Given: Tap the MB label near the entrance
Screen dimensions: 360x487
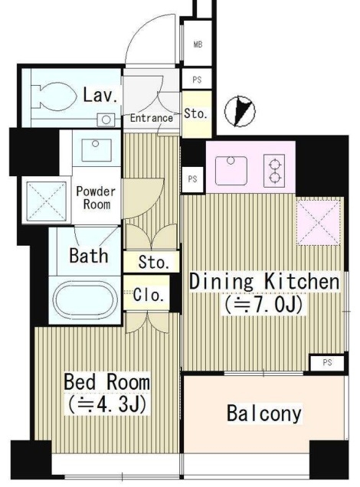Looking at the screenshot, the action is [x=198, y=44].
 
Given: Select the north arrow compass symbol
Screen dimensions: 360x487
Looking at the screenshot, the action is [x=240, y=111].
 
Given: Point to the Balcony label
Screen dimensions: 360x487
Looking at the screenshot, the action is [x=264, y=413].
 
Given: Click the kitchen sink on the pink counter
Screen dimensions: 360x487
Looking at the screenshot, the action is [x=231, y=171].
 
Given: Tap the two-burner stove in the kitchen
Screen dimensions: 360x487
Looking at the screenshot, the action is [x=274, y=171].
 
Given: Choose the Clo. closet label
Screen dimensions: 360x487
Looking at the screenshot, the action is [x=149, y=295].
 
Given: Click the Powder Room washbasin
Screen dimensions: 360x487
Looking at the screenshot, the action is [x=97, y=150].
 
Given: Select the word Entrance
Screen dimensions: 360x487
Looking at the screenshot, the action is [x=151, y=118].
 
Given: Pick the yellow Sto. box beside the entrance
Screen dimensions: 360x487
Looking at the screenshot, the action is [x=197, y=114].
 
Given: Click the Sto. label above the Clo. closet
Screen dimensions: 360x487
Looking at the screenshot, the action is [x=154, y=262].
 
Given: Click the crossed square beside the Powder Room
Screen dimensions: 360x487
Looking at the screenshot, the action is [x=46, y=201].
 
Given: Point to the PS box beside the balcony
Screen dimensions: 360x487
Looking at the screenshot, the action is [x=327, y=363].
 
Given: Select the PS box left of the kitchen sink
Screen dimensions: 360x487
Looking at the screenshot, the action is [x=192, y=179].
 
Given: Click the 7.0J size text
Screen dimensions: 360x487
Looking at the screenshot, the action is [x=263, y=306].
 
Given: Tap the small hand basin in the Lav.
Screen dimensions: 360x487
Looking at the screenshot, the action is [x=106, y=120].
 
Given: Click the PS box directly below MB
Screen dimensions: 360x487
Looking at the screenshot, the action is [x=197, y=80].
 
